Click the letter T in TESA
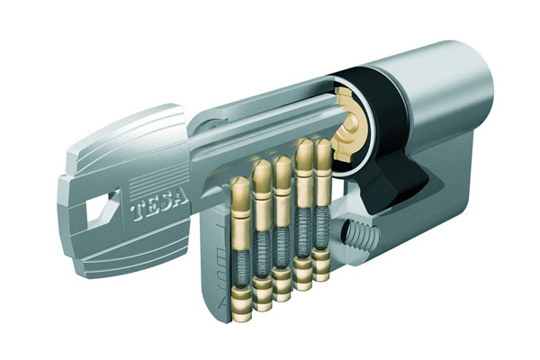point(139,212)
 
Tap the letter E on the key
point(153,208)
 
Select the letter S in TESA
point(167,203)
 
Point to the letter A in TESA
point(181,199)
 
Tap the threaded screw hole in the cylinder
point(359,235)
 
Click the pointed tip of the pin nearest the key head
point(240,182)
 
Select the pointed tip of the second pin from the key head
point(262,165)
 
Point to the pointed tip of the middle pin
point(282,161)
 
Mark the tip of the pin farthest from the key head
point(323,143)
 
